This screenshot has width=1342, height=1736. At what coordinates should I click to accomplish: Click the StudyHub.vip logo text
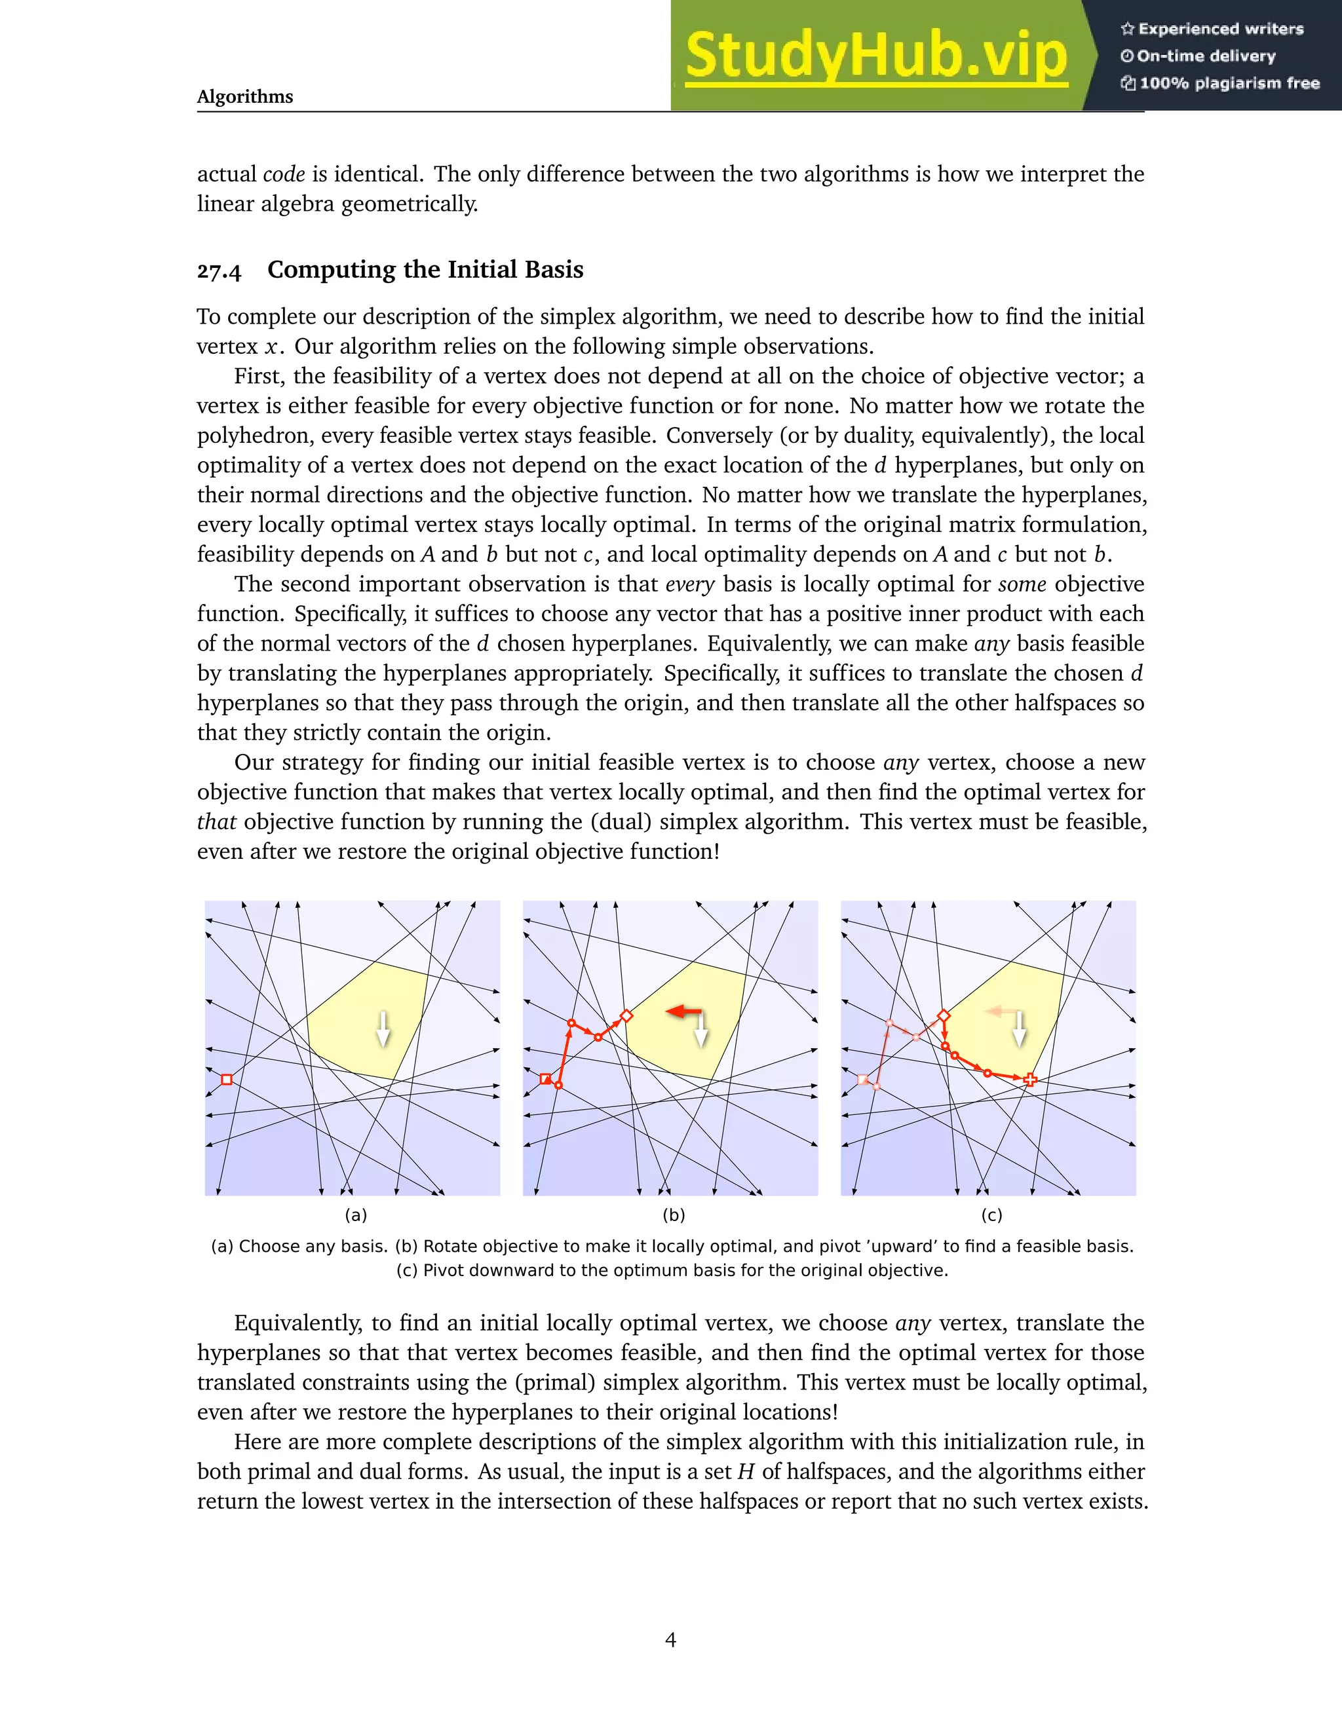(875, 56)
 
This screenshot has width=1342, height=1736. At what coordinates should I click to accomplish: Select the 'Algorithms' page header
(245, 97)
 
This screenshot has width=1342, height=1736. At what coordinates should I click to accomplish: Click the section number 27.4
(219, 271)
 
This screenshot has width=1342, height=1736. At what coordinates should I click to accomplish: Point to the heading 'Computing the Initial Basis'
(425, 269)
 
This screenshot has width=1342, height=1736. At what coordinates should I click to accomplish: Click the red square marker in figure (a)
(227, 1080)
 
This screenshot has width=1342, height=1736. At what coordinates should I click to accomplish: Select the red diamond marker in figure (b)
(626, 1016)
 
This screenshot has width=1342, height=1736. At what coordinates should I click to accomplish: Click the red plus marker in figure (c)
(1030, 1080)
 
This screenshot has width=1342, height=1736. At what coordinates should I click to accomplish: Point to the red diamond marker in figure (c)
(944, 1016)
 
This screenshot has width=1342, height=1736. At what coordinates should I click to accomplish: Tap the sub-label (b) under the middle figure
(674, 1215)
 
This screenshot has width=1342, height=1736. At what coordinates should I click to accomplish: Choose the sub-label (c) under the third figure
(991, 1215)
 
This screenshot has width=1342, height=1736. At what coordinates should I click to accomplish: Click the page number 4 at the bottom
(670, 1640)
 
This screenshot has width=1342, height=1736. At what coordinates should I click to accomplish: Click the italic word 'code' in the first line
(284, 174)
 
